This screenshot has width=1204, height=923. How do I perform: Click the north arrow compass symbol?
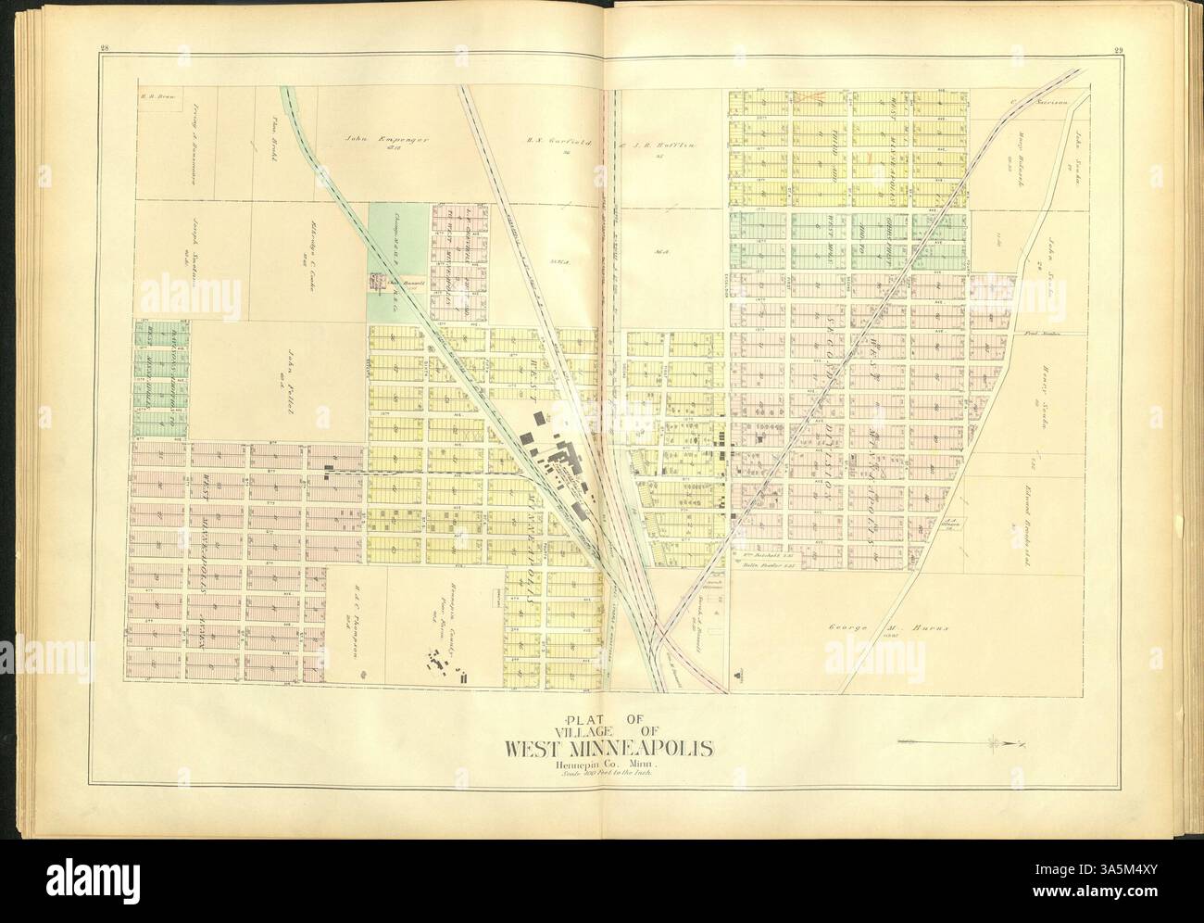click(x=996, y=742)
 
